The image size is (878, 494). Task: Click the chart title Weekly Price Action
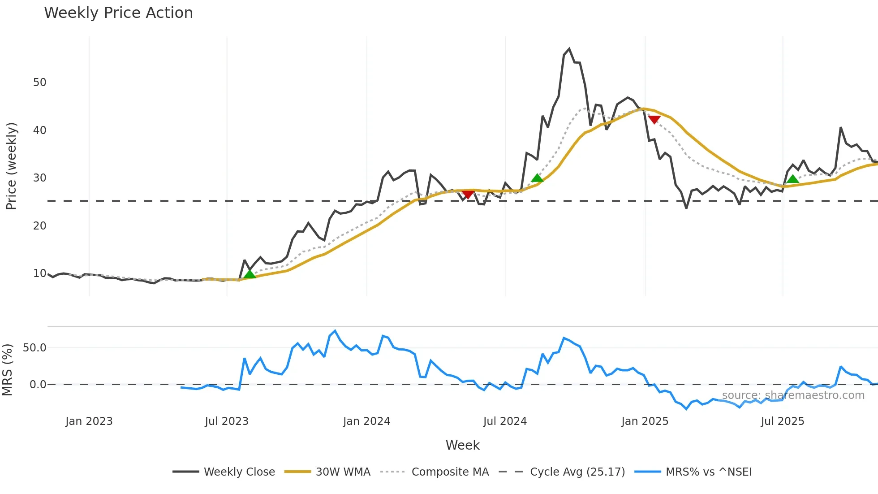click(x=118, y=13)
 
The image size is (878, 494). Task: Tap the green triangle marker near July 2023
click(x=250, y=274)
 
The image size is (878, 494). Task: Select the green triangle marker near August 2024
click(x=537, y=178)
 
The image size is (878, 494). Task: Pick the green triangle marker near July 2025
click(x=792, y=179)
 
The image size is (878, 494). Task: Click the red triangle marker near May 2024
click(x=468, y=194)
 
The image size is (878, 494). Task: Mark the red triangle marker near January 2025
click(x=654, y=120)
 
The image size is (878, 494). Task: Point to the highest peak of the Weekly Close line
click(x=569, y=49)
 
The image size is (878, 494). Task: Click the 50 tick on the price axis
click(x=39, y=82)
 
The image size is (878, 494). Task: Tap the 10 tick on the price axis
click(x=39, y=273)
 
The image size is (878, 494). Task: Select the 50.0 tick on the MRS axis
click(x=34, y=348)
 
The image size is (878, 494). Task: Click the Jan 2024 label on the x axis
click(x=366, y=421)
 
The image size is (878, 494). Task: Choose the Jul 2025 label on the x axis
click(x=782, y=421)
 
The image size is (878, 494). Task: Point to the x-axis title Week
click(x=462, y=445)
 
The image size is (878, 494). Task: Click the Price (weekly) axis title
click(x=11, y=166)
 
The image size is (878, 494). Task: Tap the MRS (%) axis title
click(x=8, y=370)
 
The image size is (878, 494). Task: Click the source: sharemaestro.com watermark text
click(x=793, y=395)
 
